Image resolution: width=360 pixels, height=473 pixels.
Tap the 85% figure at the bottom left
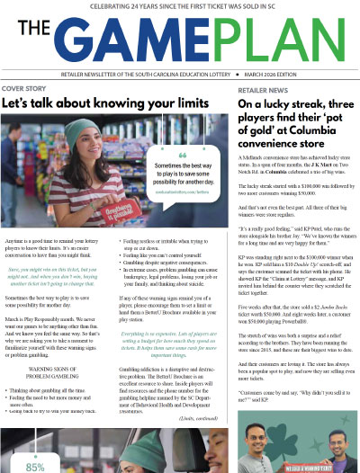[34, 467]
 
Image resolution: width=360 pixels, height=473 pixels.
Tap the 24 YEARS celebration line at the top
[180, 7]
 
